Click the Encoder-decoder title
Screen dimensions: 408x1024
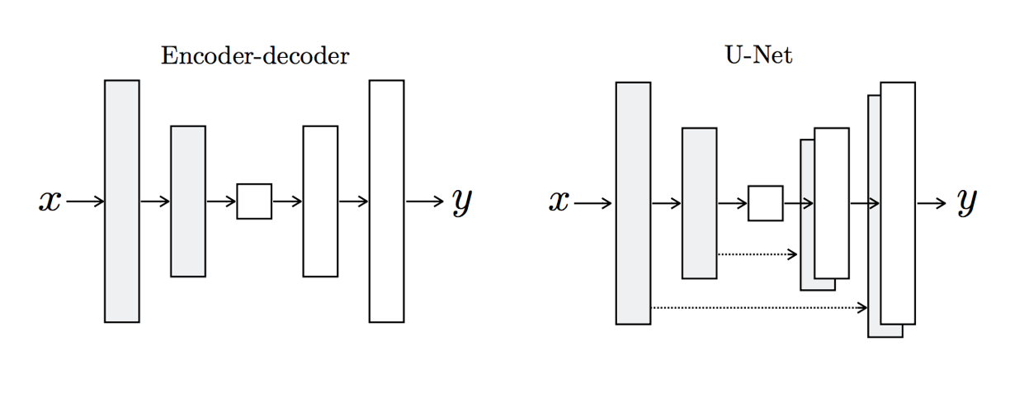pyautogui.click(x=254, y=56)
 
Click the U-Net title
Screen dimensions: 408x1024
pyautogui.click(x=757, y=56)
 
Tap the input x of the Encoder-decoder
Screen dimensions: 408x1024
pyautogui.click(x=50, y=201)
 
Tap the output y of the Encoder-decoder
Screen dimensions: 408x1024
pyautogui.click(x=461, y=202)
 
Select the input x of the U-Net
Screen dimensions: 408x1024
pyautogui.click(x=559, y=202)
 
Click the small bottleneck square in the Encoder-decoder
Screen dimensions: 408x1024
pyautogui.click(x=254, y=202)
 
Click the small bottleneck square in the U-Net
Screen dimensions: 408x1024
pyautogui.click(x=765, y=203)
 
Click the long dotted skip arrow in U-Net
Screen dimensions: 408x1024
pyautogui.click(x=759, y=308)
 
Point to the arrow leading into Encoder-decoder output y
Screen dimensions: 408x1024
pyautogui.click(x=425, y=202)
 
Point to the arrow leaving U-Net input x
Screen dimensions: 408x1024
pyautogui.click(x=593, y=203)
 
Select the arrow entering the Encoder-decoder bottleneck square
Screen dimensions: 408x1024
pyautogui.click(x=221, y=202)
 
